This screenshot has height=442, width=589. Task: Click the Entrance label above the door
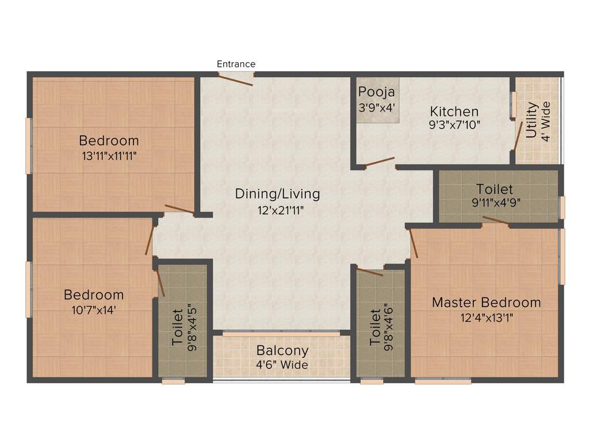point(236,64)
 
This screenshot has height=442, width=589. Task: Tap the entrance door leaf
point(236,81)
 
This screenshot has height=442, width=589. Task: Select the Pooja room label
point(377,92)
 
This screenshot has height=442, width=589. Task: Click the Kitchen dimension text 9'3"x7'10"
point(454,124)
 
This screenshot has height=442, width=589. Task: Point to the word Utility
point(531,121)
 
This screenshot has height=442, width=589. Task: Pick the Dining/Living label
point(277,194)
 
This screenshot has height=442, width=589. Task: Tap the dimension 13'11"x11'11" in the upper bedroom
point(109,155)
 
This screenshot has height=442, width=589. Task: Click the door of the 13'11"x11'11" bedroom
point(179,209)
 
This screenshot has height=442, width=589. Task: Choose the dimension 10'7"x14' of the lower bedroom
point(93,309)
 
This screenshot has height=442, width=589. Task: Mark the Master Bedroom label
point(486,302)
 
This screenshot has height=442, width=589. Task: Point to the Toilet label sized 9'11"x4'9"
point(495,189)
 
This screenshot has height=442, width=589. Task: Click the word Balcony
point(282,350)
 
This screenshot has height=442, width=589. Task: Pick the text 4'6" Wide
point(282,365)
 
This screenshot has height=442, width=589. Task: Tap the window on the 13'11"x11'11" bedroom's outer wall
point(28,145)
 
